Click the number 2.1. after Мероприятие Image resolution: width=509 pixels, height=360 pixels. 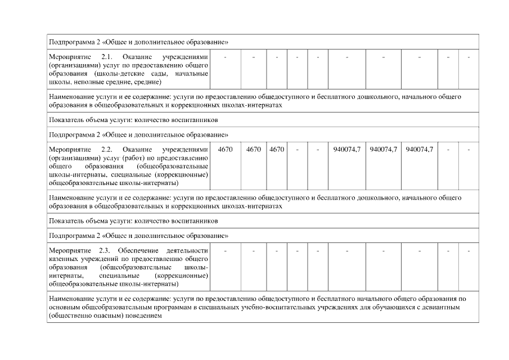pyautogui.click(x=107, y=57)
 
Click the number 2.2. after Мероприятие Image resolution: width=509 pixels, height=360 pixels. pyautogui.click(x=107, y=150)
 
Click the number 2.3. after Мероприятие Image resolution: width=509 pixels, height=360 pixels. pyautogui.click(x=107, y=250)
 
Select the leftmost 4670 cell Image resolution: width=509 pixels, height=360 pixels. pyautogui.click(x=225, y=150)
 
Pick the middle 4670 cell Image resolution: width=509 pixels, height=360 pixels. pyautogui.click(x=254, y=150)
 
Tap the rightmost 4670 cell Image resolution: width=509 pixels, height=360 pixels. pyautogui.click(x=277, y=150)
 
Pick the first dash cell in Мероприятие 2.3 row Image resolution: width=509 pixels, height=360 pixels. pyautogui.click(x=225, y=250)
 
